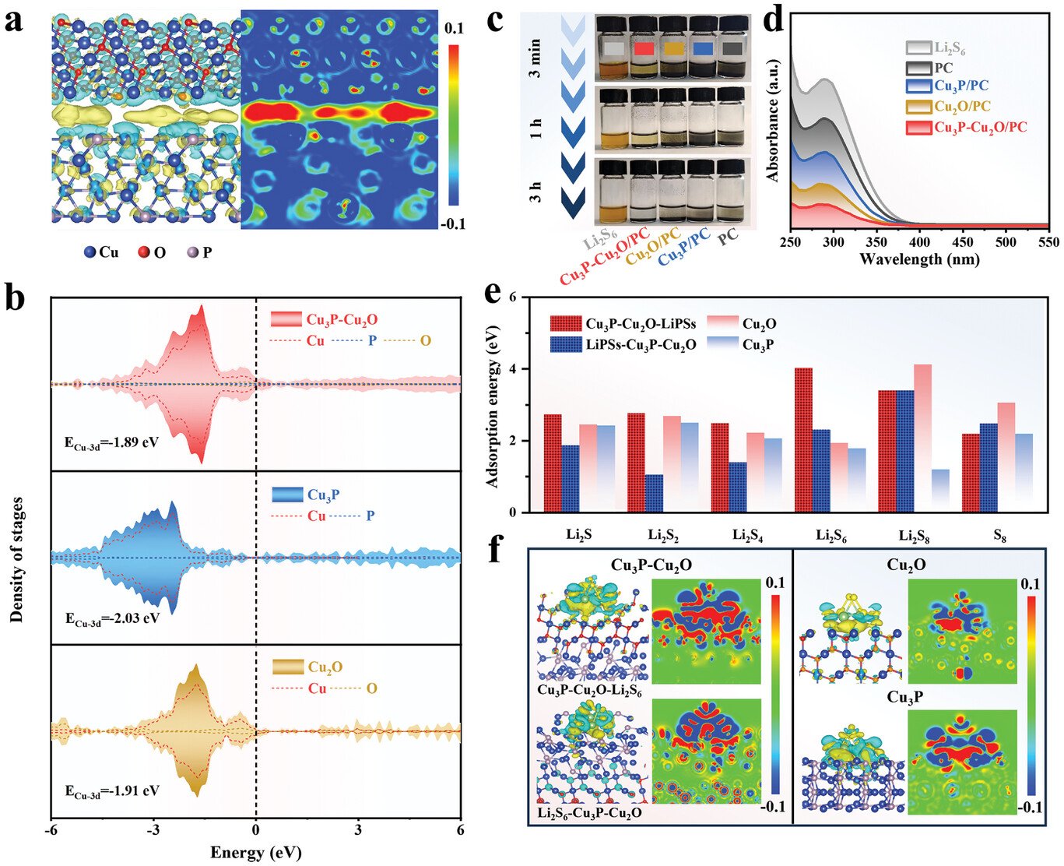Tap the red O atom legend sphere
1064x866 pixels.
(x=144, y=252)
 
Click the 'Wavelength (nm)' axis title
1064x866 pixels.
(x=920, y=259)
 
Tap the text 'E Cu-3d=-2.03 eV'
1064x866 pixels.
(x=112, y=618)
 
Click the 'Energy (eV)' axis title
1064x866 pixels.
(x=256, y=852)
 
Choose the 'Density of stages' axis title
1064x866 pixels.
(x=17, y=560)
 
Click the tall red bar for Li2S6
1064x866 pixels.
(x=803, y=440)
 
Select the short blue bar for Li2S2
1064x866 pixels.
(x=655, y=493)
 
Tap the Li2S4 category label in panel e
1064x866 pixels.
(x=748, y=535)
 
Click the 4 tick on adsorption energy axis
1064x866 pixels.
(x=526, y=369)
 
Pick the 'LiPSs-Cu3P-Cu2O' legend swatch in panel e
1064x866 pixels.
(x=566, y=344)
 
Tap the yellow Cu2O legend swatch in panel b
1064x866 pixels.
(x=287, y=667)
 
